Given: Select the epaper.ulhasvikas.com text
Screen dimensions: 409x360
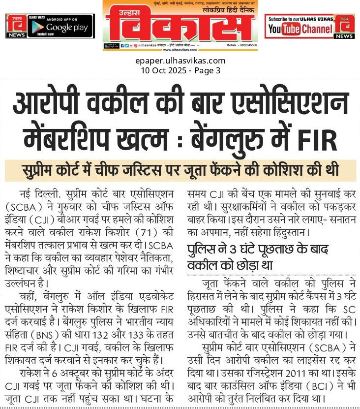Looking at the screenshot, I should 180,61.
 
